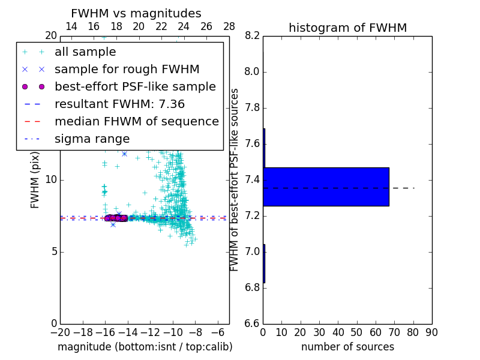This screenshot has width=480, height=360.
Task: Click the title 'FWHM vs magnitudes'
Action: [136, 13]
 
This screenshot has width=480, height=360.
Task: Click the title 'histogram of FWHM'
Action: [347, 28]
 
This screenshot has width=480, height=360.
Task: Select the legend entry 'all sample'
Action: [85, 52]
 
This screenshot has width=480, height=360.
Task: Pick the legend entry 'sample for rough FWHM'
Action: [127, 69]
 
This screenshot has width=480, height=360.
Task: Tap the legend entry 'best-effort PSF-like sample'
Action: [135, 86]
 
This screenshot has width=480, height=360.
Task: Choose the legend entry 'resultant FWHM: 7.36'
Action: [119, 104]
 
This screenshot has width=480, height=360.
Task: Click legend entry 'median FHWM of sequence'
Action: [136, 121]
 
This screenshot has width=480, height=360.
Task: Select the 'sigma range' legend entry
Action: [92, 139]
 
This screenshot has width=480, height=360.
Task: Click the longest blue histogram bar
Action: [326, 187]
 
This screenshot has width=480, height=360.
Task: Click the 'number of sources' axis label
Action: [347, 347]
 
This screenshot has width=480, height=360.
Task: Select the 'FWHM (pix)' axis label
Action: [35, 180]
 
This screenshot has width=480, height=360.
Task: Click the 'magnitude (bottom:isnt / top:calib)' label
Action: [145, 347]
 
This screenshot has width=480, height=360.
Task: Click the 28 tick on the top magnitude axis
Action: [229, 26]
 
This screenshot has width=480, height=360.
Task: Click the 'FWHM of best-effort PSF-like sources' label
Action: [235, 180]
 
